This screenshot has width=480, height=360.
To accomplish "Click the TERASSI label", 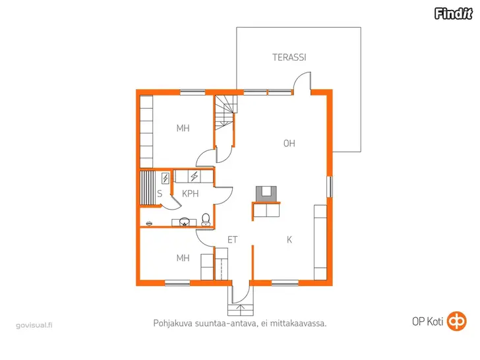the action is point(289,57).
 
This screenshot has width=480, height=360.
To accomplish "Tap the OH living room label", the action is point(289,143).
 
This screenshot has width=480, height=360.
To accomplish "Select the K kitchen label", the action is point(289,240).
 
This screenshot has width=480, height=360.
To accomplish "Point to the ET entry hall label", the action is point(233,240).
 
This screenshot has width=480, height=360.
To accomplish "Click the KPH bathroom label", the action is point(190,193).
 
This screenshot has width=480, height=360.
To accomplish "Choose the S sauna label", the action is point(160,193).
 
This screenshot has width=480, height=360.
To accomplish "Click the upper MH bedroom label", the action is point(183,128).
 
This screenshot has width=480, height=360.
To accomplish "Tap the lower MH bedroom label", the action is point(183,258).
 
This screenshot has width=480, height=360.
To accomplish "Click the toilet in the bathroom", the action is point(206,220).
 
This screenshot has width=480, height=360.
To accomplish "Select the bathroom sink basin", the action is point(185,222).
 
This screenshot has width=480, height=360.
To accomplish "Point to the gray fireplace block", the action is point(266,194).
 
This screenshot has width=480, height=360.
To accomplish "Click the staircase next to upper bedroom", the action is point(225,113).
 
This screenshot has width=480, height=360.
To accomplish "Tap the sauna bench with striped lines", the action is point(148,188).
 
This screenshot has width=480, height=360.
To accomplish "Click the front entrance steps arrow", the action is point(241,310).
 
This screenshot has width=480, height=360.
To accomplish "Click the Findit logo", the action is point(454,13).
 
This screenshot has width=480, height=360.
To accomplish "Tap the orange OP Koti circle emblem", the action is point(457,321).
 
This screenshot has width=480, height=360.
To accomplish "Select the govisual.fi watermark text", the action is point(34,325).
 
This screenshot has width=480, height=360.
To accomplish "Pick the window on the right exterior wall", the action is point(330,187).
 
